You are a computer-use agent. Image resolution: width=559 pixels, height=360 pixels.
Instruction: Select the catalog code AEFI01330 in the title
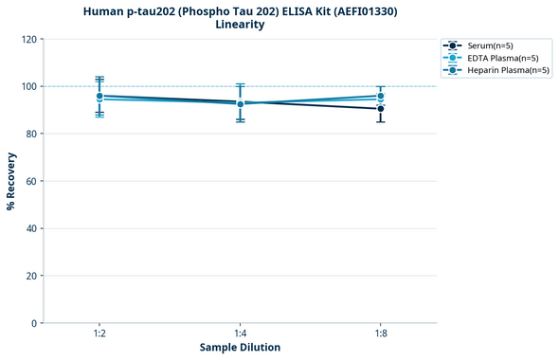[x=350, y=10]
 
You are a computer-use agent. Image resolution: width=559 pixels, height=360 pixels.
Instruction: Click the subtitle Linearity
[x=240, y=25]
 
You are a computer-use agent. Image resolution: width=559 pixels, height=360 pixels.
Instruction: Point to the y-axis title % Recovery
[x=11, y=180]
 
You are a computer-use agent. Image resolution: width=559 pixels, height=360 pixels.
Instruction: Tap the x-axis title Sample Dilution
[x=240, y=348]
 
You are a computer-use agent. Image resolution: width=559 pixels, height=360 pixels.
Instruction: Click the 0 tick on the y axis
[x=34, y=323]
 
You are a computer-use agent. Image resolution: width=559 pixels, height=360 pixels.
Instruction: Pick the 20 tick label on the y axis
[x=31, y=276]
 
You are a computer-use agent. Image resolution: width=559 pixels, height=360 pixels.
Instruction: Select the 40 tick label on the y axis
[x=31, y=228]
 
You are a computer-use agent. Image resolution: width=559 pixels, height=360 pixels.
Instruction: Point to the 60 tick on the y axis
[x=31, y=181]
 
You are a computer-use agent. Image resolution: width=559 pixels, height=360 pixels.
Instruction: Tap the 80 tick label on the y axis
[x=31, y=134]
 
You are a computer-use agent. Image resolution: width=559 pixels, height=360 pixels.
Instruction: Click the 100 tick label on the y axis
[x=28, y=86]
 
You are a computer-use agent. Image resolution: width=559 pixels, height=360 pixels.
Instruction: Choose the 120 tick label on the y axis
[x=28, y=39]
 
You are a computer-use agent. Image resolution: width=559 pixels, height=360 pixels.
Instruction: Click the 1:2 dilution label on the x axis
[x=99, y=333]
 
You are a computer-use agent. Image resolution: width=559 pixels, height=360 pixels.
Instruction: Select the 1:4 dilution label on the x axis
[x=240, y=333]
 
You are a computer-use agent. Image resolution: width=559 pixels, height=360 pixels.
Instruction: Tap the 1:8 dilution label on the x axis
[x=380, y=333]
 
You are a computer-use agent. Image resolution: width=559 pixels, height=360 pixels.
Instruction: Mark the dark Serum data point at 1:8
[x=380, y=109]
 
